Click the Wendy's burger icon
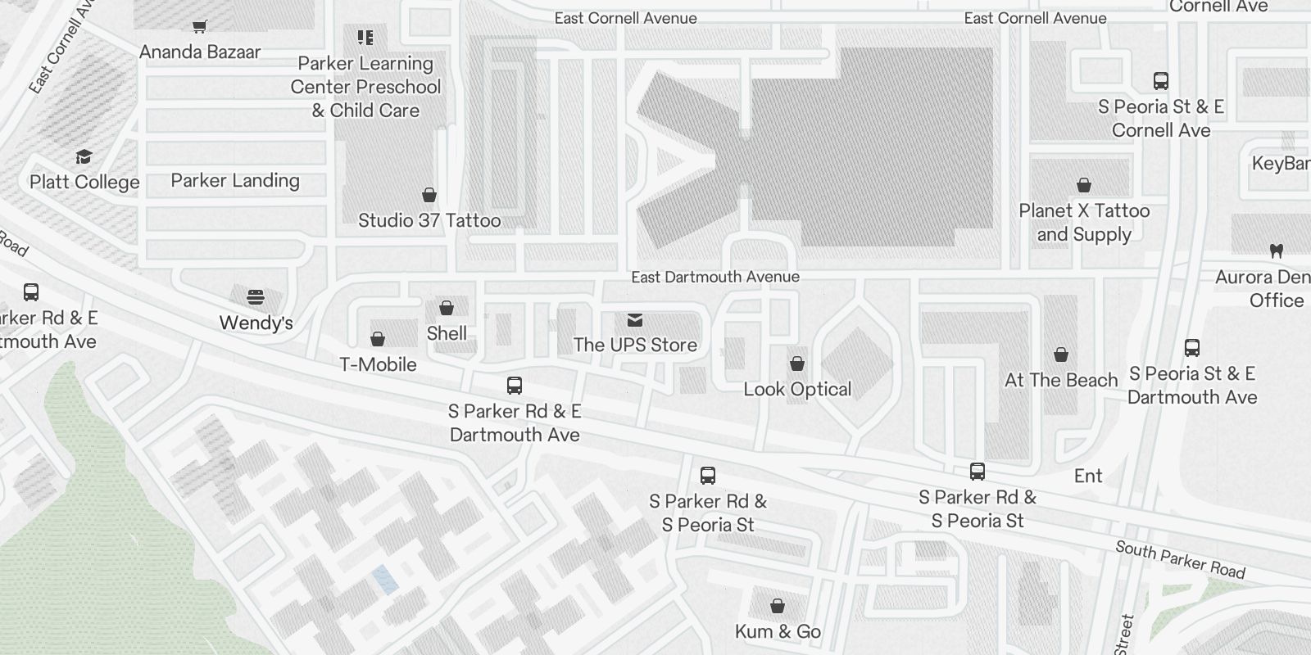click(256, 296)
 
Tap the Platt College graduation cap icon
click(84, 156)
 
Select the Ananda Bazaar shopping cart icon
click(199, 26)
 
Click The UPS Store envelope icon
click(635, 319)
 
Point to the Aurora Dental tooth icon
click(1276, 251)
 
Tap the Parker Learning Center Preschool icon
click(365, 38)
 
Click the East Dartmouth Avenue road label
click(714, 277)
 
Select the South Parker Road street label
click(1180, 560)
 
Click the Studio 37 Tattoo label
click(429, 220)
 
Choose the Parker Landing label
click(235, 180)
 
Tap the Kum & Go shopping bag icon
click(778, 606)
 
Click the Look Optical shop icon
click(797, 363)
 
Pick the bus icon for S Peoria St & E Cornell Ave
click(1161, 80)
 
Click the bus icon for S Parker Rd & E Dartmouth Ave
click(515, 385)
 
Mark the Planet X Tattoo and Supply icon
click(1084, 185)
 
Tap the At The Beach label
click(1061, 380)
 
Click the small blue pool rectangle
click(385, 580)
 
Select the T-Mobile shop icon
click(378, 338)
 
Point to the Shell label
click(447, 333)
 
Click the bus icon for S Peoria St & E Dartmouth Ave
click(1192, 348)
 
